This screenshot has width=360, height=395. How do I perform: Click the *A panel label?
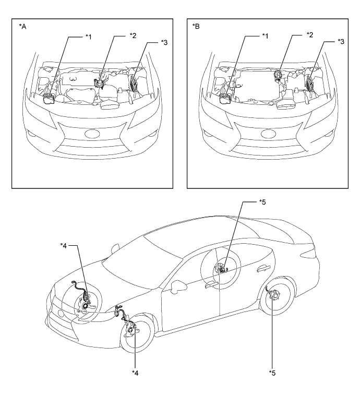click(x=22, y=27)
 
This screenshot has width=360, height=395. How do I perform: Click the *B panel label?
click(x=196, y=26)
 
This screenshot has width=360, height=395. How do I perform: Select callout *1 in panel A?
click(x=88, y=37)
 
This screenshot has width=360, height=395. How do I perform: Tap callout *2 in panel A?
click(x=133, y=35)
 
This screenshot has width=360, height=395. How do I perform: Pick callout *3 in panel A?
click(x=164, y=42)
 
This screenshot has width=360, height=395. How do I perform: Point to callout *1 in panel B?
click(x=265, y=36)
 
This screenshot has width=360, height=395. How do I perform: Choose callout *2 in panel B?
click(x=310, y=35)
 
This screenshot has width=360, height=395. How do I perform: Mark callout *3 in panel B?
click(x=341, y=42)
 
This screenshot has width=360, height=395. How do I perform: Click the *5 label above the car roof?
click(x=262, y=202)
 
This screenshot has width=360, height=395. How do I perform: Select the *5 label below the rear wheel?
click(x=272, y=373)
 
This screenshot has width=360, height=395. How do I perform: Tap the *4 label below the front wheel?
click(x=135, y=373)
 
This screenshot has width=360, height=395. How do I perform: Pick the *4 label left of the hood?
click(x=64, y=246)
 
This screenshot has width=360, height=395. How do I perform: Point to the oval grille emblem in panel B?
click(x=269, y=134)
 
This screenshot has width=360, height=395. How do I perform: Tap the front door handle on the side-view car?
click(x=211, y=284)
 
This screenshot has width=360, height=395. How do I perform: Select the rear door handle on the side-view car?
click(x=264, y=269)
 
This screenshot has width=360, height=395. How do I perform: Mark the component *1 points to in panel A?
click(x=49, y=99)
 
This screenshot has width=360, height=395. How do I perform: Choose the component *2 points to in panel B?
click(x=278, y=75)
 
